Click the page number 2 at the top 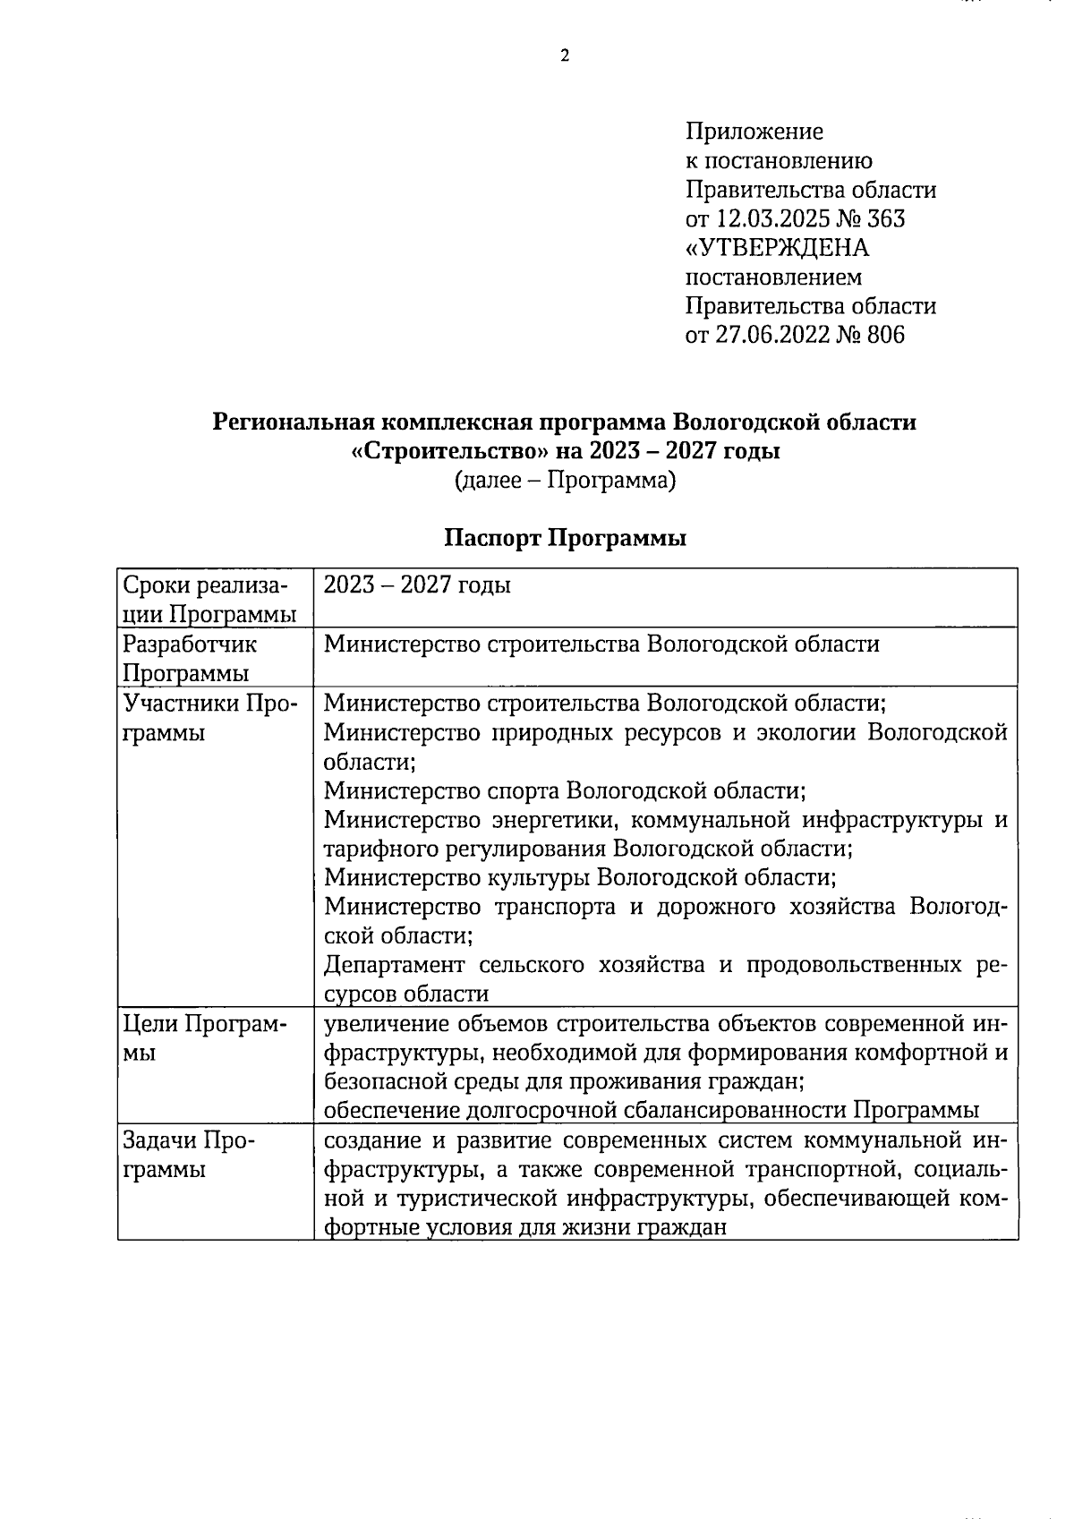pos(564,56)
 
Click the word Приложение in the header pos(754,132)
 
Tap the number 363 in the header pos(885,218)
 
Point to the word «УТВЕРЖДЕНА pos(777,247)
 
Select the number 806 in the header pos(885,335)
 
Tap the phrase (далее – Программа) pos(565,481)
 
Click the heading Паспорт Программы pos(565,539)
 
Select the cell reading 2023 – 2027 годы pos(417,585)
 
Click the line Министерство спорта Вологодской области pos(564,791)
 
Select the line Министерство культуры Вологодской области pos(580,878)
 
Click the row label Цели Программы pos(205,1038)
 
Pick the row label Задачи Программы pos(188,1155)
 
